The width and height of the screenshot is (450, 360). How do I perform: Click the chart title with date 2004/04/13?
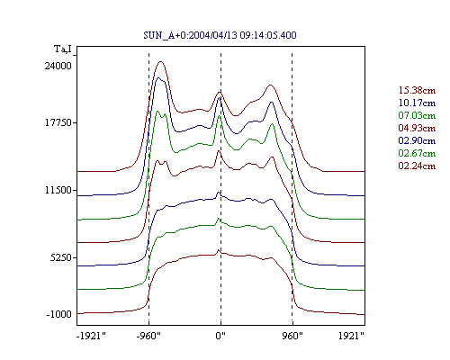pos(220,35)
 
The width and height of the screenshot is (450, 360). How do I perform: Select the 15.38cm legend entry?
pos(417,90)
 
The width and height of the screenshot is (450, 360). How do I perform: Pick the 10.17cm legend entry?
pos(417,103)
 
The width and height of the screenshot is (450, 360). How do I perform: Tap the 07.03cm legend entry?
pos(417,115)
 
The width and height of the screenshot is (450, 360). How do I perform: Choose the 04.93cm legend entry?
pos(417,128)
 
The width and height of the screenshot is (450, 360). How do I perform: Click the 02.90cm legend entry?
pos(417,140)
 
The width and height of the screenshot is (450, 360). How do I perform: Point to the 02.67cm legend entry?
pos(417,153)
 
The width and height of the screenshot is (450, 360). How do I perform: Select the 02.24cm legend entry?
pos(417,166)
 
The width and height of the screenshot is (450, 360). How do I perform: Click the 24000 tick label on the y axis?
pos(58,66)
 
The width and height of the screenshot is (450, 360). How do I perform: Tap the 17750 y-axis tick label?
pos(58,122)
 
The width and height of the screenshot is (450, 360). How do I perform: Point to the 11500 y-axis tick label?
pos(58,190)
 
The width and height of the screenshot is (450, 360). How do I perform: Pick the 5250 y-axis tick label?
pos(61,257)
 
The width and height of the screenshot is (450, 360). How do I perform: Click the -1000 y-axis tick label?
pos(59,314)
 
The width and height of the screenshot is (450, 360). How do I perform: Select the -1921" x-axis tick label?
pos(91,336)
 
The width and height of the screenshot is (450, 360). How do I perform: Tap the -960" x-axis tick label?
pos(148,336)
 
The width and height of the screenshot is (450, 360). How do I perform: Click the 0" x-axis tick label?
pos(220,336)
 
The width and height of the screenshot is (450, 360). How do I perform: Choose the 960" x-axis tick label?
pos(292,336)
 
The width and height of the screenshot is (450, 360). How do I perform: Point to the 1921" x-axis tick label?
pos(351,336)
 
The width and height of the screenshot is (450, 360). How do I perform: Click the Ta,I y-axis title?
pos(63,49)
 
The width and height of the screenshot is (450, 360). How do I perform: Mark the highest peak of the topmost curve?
pos(161,61)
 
